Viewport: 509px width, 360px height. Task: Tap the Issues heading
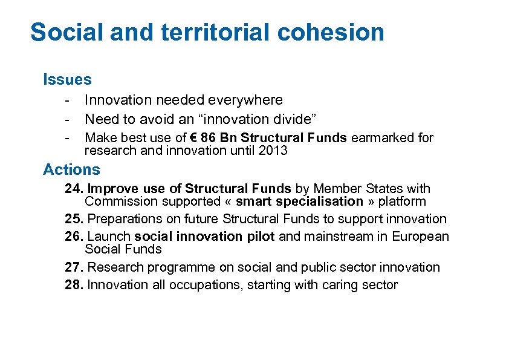(67, 79)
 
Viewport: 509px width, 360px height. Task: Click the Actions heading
(71, 169)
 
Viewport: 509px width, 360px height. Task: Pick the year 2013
(273, 151)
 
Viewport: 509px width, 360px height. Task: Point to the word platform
(402, 201)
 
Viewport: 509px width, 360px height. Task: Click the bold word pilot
(262, 237)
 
